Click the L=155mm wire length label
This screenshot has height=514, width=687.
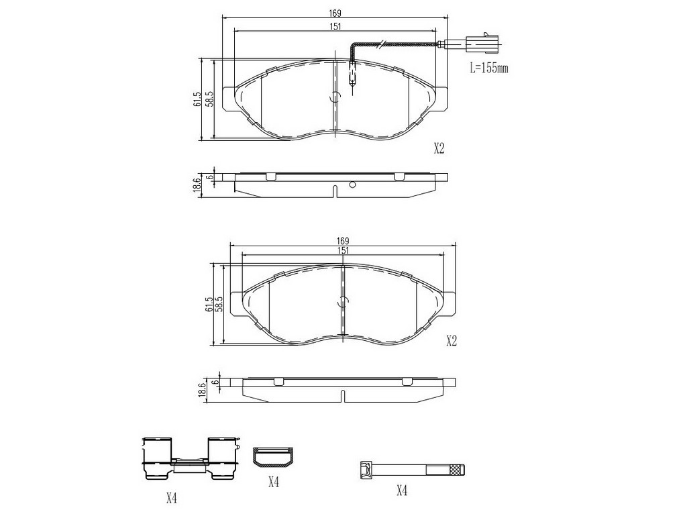click(x=489, y=68)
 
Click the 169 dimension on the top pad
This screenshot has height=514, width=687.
click(x=335, y=14)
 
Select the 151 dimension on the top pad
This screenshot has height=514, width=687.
click(x=335, y=27)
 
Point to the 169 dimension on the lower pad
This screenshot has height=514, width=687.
click(x=343, y=241)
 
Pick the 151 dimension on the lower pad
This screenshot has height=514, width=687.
click(x=343, y=251)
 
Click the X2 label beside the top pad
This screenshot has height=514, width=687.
click(x=439, y=149)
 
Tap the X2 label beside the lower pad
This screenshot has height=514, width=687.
click(x=452, y=341)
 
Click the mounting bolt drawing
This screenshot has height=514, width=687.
click(x=412, y=470)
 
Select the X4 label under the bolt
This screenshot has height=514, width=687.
click(x=402, y=491)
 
